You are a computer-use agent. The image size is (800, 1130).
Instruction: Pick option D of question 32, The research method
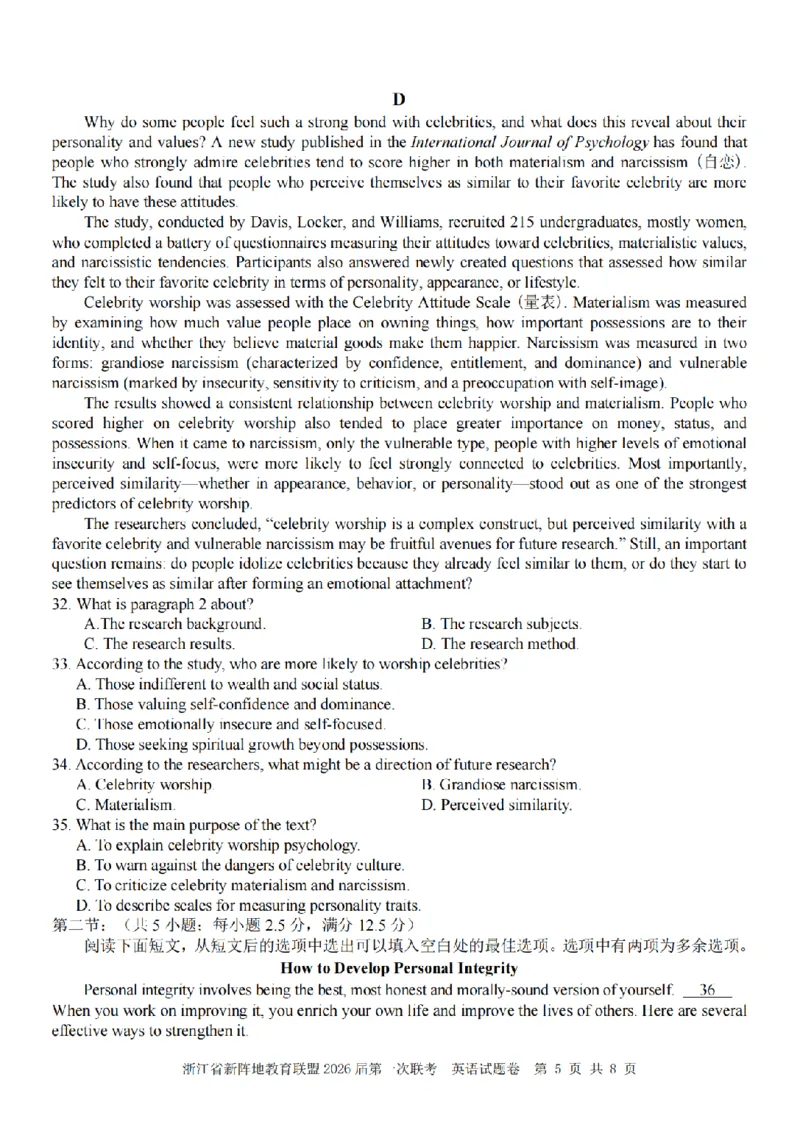(x=500, y=644)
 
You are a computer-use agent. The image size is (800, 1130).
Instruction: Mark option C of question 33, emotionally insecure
(x=229, y=724)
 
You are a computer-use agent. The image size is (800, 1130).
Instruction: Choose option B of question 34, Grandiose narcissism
(x=500, y=785)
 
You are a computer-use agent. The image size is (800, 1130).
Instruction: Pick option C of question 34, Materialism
(x=126, y=804)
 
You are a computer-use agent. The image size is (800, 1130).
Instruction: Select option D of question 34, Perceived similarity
(x=497, y=804)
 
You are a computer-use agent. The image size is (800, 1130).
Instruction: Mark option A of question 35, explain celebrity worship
(x=217, y=845)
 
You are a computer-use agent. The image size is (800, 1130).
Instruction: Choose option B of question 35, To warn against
(x=240, y=865)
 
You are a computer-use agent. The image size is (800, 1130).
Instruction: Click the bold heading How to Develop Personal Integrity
(x=398, y=968)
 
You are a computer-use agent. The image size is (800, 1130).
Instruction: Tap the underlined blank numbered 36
(x=708, y=990)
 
